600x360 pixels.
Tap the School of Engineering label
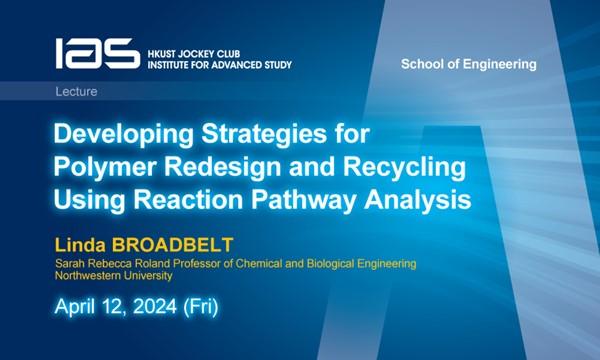coord(468,64)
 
